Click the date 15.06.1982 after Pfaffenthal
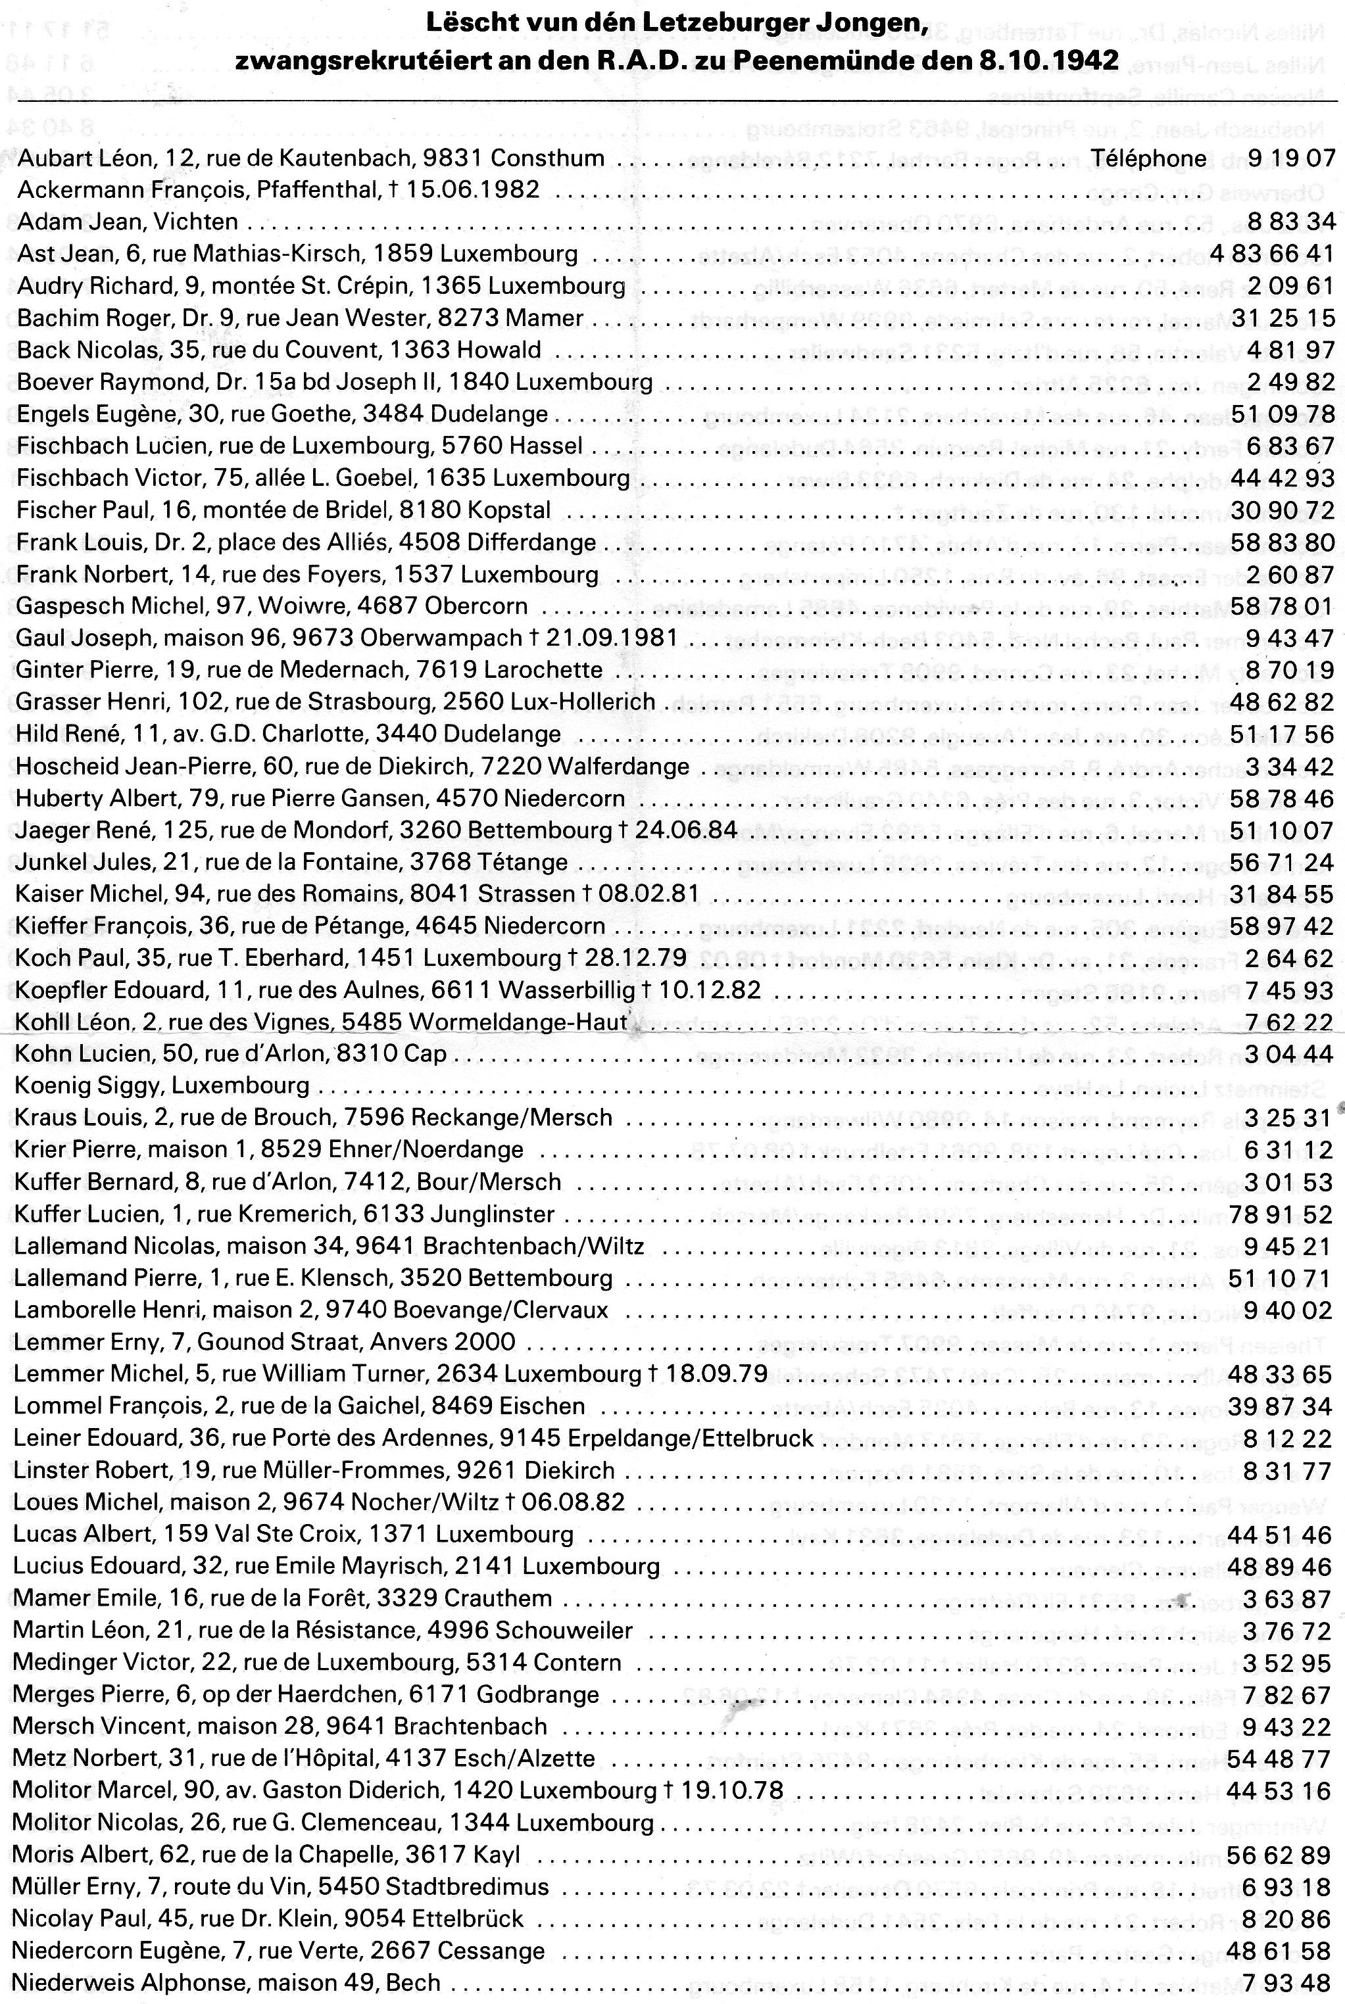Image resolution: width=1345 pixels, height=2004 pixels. [x=469, y=189]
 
